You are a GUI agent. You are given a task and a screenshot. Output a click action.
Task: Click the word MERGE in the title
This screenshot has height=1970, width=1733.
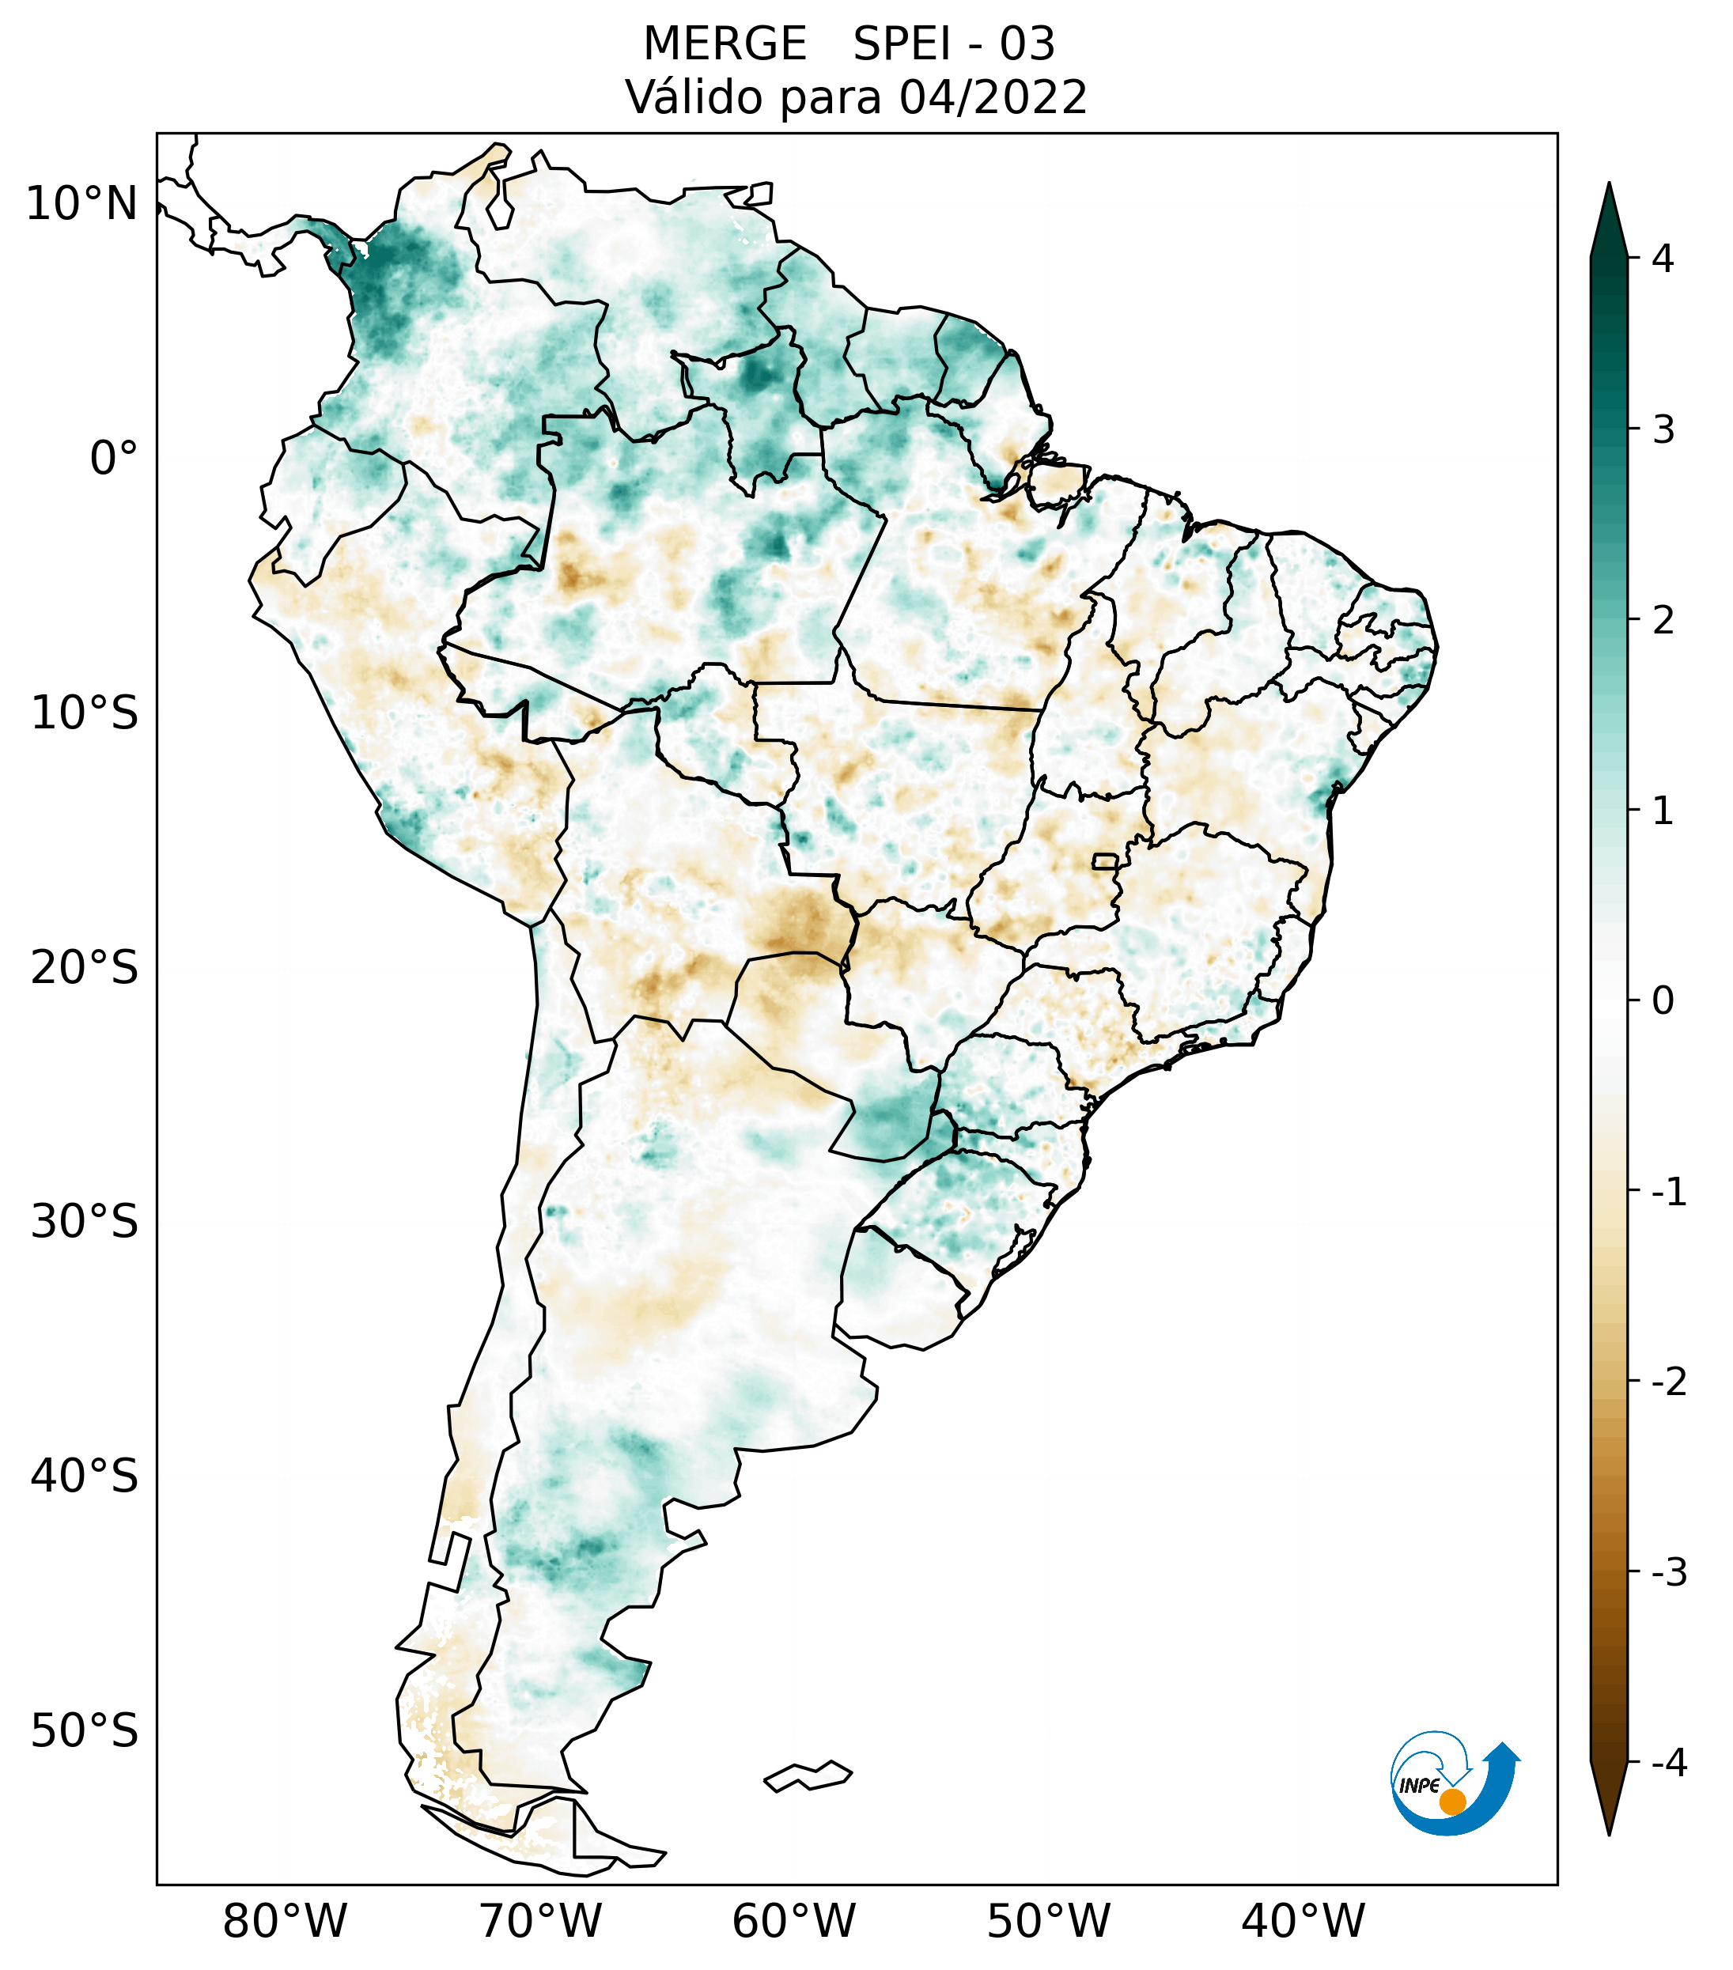[x=724, y=44]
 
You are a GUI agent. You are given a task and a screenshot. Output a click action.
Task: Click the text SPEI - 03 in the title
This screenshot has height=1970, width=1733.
[x=953, y=44]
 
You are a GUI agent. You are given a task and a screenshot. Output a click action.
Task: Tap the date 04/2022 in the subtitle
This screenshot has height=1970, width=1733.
[x=993, y=97]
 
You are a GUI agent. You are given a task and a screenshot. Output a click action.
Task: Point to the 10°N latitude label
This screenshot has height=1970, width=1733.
[x=82, y=204]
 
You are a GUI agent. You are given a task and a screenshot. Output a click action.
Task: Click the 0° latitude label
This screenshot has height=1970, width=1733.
[x=114, y=459]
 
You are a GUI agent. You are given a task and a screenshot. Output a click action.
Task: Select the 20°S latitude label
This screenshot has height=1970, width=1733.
[x=85, y=968]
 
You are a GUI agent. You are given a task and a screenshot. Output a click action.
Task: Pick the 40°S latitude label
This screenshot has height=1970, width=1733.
[x=85, y=1477]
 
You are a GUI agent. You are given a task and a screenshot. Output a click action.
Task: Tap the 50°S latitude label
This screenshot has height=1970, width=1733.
[x=85, y=1732]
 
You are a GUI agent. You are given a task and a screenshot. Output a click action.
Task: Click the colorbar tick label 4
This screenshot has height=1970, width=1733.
[x=1663, y=259]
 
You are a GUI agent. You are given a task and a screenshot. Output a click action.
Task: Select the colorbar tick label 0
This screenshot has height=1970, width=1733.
[x=1663, y=1001]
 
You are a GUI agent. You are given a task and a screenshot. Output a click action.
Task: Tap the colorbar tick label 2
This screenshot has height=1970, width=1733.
[x=1663, y=621]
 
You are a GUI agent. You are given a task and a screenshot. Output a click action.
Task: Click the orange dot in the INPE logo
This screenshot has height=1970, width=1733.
[x=1451, y=1802]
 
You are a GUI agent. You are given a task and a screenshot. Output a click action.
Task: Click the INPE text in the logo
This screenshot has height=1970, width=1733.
[x=1419, y=1786]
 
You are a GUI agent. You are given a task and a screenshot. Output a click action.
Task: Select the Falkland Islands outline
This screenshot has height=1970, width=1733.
[x=808, y=1775]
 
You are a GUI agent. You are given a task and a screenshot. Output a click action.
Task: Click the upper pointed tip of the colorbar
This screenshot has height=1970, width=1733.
[x=1608, y=185]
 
